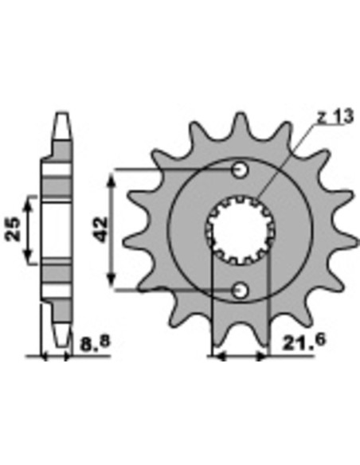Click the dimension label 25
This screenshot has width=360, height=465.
tap(14, 229)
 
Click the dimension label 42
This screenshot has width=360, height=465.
tap(100, 230)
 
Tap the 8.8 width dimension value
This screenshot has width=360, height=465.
tap(95, 343)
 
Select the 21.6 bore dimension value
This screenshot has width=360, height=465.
tap(303, 342)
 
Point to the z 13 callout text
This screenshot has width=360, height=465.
tap(335, 116)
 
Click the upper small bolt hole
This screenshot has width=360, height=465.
tap(240, 170)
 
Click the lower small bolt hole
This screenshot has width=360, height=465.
tap(240, 291)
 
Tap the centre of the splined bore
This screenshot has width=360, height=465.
tap(240, 230)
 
